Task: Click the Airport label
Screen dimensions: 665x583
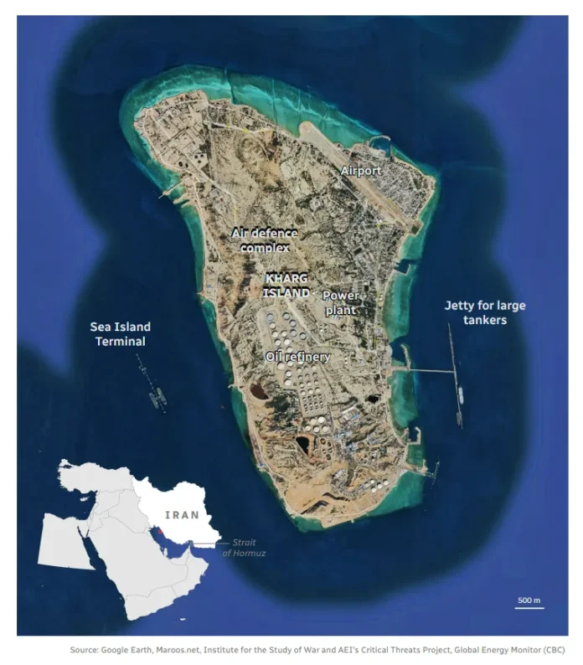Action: pos(360,171)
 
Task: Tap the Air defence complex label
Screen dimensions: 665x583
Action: pos(264,240)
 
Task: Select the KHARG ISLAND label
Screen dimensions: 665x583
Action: pos(286,285)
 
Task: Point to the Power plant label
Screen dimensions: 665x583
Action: pos(340,302)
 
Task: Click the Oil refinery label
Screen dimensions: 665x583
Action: pos(297,357)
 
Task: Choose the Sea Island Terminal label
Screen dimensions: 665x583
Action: pos(121,333)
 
